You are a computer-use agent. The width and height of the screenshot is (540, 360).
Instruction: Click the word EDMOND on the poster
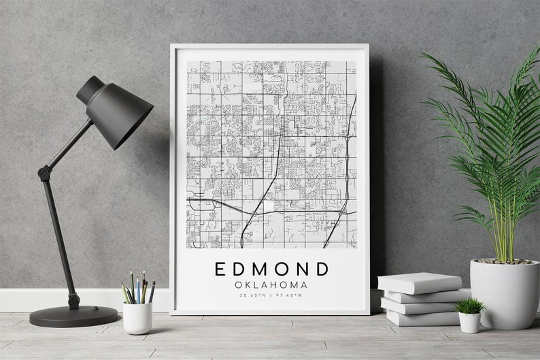(271, 269)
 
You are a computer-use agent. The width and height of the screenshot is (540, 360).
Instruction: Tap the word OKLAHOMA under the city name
(271, 284)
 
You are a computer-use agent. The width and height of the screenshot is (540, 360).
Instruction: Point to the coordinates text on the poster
(271, 295)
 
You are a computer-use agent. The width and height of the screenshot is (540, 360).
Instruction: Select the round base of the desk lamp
(73, 315)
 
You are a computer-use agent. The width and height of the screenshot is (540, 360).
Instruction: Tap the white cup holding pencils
(137, 317)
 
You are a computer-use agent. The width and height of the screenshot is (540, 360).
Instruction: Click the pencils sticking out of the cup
(138, 288)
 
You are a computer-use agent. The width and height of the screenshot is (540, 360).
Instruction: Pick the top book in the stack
(419, 282)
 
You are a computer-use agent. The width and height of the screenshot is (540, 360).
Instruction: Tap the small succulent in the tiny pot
(469, 306)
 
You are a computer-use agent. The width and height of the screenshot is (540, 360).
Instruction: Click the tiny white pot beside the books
(469, 322)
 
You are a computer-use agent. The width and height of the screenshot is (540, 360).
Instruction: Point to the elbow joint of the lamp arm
(45, 173)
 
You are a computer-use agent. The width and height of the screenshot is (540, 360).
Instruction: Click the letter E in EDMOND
(220, 269)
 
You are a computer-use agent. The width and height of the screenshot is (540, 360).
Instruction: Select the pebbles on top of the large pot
(504, 261)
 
